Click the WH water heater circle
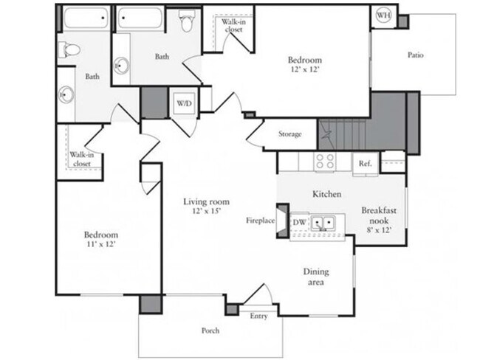click(384, 15)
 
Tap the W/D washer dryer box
click(183, 103)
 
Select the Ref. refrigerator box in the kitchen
click(365, 164)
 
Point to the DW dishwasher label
click(300, 221)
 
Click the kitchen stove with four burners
click(325, 162)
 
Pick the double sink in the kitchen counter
click(323, 222)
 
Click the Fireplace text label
click(261, 221)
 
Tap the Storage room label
click(290, 134)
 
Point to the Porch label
click(210, 330)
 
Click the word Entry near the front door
click(258, 316)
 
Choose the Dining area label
click(316, 277)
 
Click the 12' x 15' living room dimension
click(207, 212)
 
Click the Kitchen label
click(326, 194)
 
